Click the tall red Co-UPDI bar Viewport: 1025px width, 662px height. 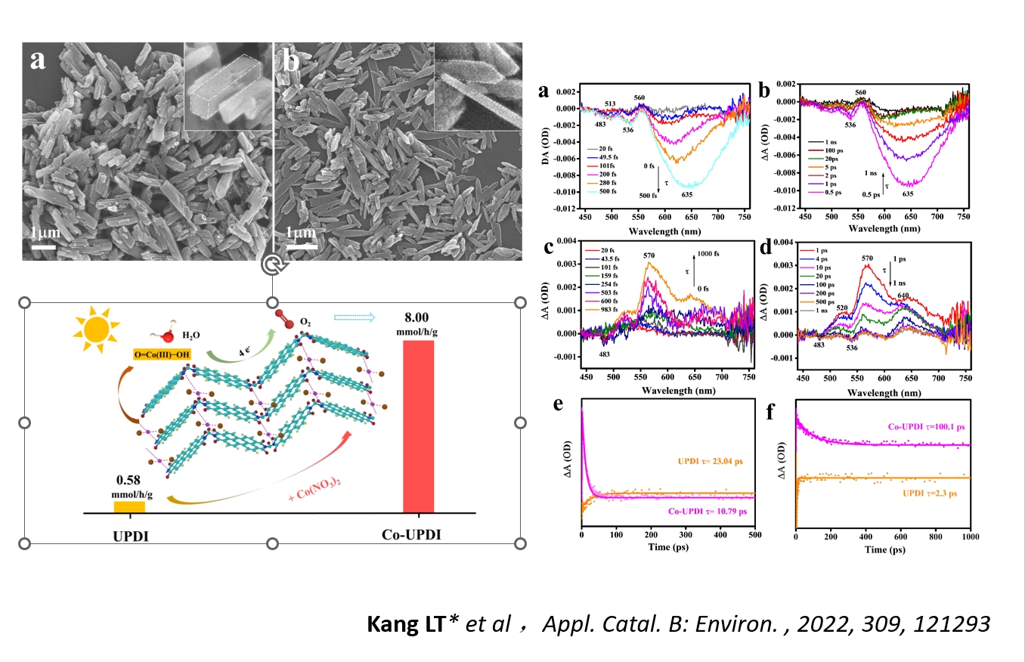click(418, 425)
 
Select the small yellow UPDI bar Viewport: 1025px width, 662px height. click(129, 506)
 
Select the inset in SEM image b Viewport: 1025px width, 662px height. click(478, 85)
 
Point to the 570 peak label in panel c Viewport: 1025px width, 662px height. click(649, 255)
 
